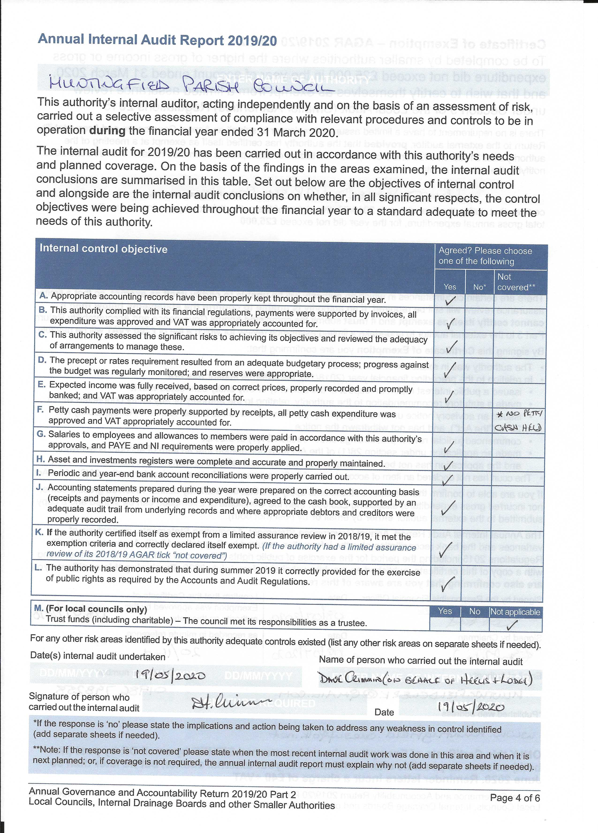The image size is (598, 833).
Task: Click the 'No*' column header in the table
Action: [479, 287]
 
